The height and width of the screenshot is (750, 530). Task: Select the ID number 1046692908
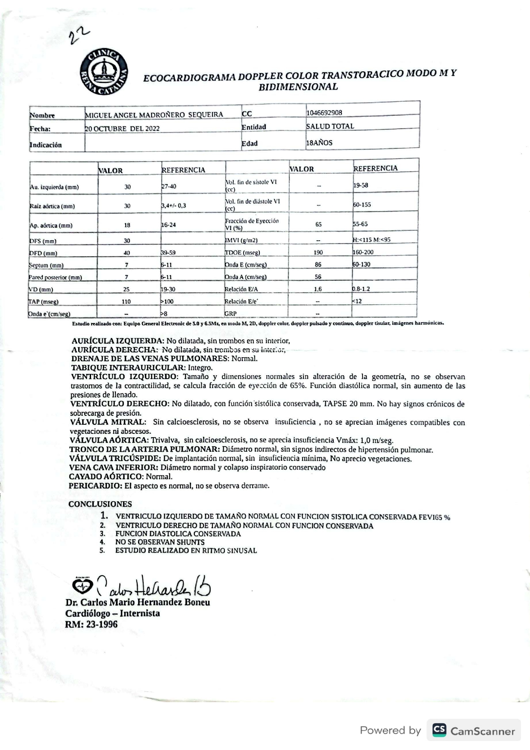point(324,113)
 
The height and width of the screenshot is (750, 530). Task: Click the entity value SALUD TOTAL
point(330,126)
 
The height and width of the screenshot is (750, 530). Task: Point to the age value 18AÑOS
point(319,143)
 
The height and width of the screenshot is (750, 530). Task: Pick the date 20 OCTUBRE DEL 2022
point(122,129)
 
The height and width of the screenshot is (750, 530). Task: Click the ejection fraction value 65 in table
point(318,224)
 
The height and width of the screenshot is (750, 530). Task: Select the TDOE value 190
point(318,253)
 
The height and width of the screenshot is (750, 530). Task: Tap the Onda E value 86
point(318,265)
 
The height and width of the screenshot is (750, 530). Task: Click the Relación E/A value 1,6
point(318,289)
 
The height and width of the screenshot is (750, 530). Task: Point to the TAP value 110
point(127,301)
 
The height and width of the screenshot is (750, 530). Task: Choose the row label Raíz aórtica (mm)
point(52,206)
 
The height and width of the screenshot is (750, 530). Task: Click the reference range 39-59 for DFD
point(168,253)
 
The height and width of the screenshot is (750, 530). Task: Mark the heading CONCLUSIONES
point(100,504)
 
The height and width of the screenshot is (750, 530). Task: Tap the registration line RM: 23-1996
point(91,624)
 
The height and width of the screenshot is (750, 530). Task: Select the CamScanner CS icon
point(439,730)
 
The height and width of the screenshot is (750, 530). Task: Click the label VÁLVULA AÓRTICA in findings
point(109,440)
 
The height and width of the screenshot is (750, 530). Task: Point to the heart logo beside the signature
point(82,587)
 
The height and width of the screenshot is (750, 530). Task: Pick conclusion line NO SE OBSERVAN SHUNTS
point(160,542)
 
